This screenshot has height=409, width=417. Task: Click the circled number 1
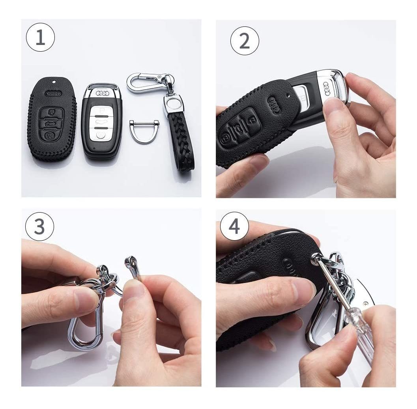click(x=40, y=37)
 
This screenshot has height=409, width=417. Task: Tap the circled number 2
click(x=245, y=41)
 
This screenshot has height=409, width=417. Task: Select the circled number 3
click(x=39, y=226)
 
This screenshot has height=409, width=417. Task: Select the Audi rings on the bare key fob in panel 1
click(x=103, y=93)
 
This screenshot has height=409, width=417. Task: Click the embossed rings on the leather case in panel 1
click(x=53, y=93)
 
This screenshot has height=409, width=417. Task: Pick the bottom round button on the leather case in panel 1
click(x=49, y=136)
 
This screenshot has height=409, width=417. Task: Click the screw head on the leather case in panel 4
click(x=315, y=257)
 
